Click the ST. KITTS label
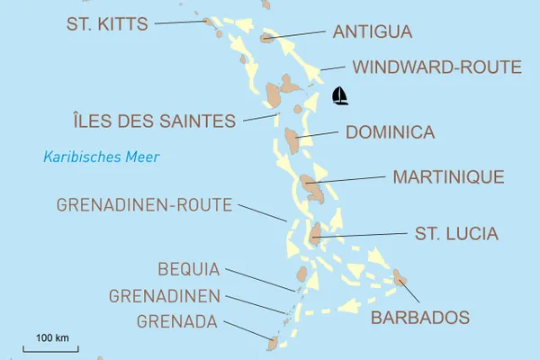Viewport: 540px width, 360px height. pyautogui.click(x=107, y=23)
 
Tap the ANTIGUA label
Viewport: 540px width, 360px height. pyautogui.click(x=373, y=32)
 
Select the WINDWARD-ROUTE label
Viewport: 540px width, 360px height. pyautogui.click(x=437, y=67)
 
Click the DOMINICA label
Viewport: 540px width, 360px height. pyautogui.click(x=391, y=132)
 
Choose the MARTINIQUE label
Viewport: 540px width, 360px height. pyautogui.click(x=448, y=176)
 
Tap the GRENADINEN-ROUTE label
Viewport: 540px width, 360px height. pyautogui.click(x=145, y=205)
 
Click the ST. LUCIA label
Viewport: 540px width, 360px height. pyautogui.click(x=456, y=234)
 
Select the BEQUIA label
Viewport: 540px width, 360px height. pyautogui.click(x=189, y=268)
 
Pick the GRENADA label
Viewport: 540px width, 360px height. pyautogui.click(x=177, y=319)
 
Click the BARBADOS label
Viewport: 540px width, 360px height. pyautogui.click(x=420, y=318)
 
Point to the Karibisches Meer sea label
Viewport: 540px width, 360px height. pyautogui.click(x=102, y=157)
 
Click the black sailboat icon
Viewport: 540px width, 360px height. pyautogui.click(x=340, y=95)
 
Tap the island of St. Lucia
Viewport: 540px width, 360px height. pyautogui.click(x=314, y=235)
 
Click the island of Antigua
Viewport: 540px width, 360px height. pyautogui.click(x=267, y=38)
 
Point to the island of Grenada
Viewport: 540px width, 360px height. pyautogui.click(x=272, y=342)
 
